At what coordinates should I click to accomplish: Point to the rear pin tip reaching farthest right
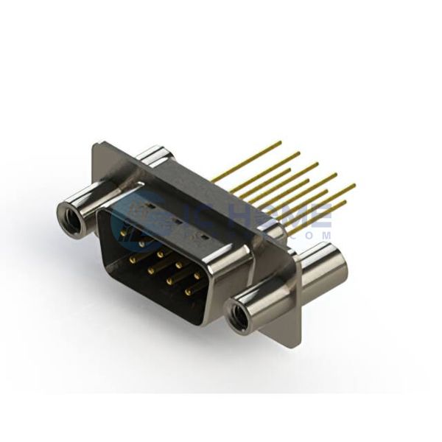point(354,185)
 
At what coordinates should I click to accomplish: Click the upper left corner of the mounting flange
point(96,144)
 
